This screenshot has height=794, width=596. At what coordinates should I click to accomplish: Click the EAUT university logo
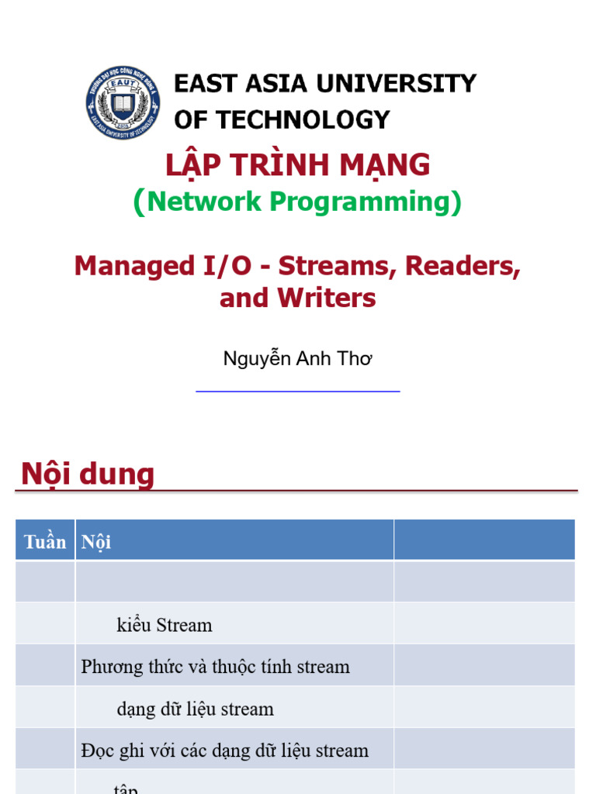123,102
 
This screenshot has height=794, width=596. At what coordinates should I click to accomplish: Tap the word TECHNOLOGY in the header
303,119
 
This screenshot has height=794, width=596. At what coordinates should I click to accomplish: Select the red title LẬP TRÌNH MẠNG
298,165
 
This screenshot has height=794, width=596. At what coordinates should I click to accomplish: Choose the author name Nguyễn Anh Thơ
298,359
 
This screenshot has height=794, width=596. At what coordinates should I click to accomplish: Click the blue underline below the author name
298,392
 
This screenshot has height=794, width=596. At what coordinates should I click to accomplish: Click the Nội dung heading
88,475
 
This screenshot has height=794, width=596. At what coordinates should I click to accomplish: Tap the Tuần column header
45,541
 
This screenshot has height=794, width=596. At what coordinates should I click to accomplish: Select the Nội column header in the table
96,541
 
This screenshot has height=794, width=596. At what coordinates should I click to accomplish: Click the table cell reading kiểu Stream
165,625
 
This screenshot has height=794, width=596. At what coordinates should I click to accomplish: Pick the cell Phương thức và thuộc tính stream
216,667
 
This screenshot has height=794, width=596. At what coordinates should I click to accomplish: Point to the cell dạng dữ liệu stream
196,709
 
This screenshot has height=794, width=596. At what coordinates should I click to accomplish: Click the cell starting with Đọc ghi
225,751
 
